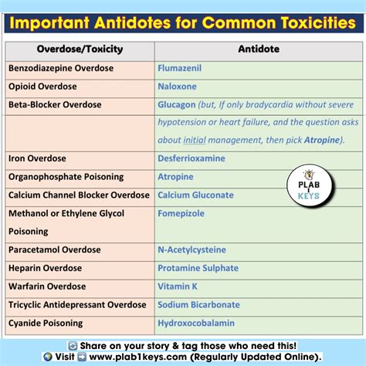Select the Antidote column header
point(259,49)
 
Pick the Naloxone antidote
point(178,86)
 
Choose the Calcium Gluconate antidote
point(195,195)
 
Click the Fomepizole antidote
point(183,213)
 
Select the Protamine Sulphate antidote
point(198,268)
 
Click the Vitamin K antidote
point(178,286)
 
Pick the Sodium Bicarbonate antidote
point(198,305)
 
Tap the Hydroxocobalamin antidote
point(198,324)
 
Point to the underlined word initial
point(194,141)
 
